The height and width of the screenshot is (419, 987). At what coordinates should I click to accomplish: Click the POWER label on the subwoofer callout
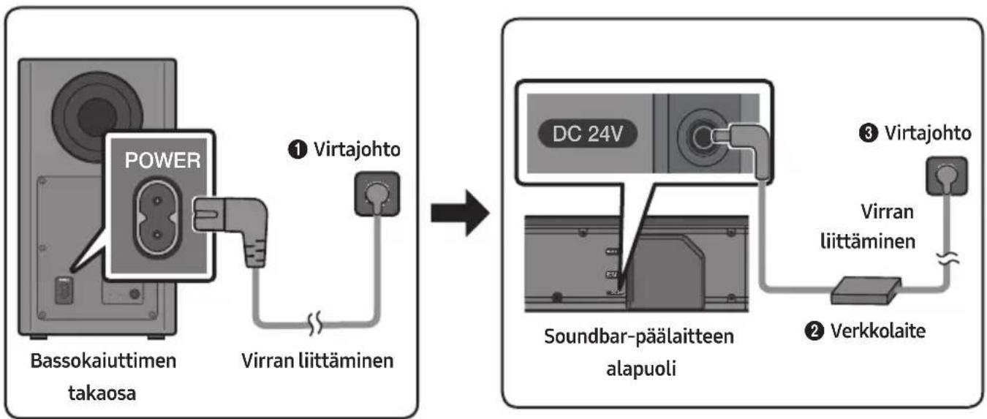tap(162, 160)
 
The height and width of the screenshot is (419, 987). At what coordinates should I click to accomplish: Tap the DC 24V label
tap(587, 134)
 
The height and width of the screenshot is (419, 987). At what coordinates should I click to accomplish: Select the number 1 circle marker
tap(298, 150)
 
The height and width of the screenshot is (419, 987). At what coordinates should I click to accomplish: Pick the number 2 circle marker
tap(814, 331)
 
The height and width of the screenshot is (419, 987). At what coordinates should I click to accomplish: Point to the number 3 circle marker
tap(869, 133)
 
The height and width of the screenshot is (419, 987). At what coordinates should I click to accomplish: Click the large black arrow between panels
tap(460, 214)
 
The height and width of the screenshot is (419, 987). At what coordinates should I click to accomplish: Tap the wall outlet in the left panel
tap(377, 194)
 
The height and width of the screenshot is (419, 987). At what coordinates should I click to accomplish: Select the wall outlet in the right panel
tap(947, 176)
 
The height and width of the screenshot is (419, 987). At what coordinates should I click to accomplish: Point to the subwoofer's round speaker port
tap(97, 117)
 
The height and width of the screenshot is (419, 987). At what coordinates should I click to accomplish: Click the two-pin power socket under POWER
tap(157, 218)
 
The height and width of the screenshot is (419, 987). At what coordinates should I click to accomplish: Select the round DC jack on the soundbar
tap(701, 138)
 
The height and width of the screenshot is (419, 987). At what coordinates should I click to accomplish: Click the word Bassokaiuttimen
tap(103, 361)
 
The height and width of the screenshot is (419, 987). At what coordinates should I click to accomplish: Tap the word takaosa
tap(102, 393)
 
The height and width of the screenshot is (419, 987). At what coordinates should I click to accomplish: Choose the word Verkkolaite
tap(878, 331)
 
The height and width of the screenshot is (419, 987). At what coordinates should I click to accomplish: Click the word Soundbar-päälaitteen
tap(639, 337)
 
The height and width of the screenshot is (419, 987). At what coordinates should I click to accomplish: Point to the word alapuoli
tap(640, 369)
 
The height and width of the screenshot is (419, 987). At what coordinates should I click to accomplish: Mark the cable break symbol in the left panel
tap(314, 324)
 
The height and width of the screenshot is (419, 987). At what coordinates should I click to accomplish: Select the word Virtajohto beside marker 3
tap(928, 133)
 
